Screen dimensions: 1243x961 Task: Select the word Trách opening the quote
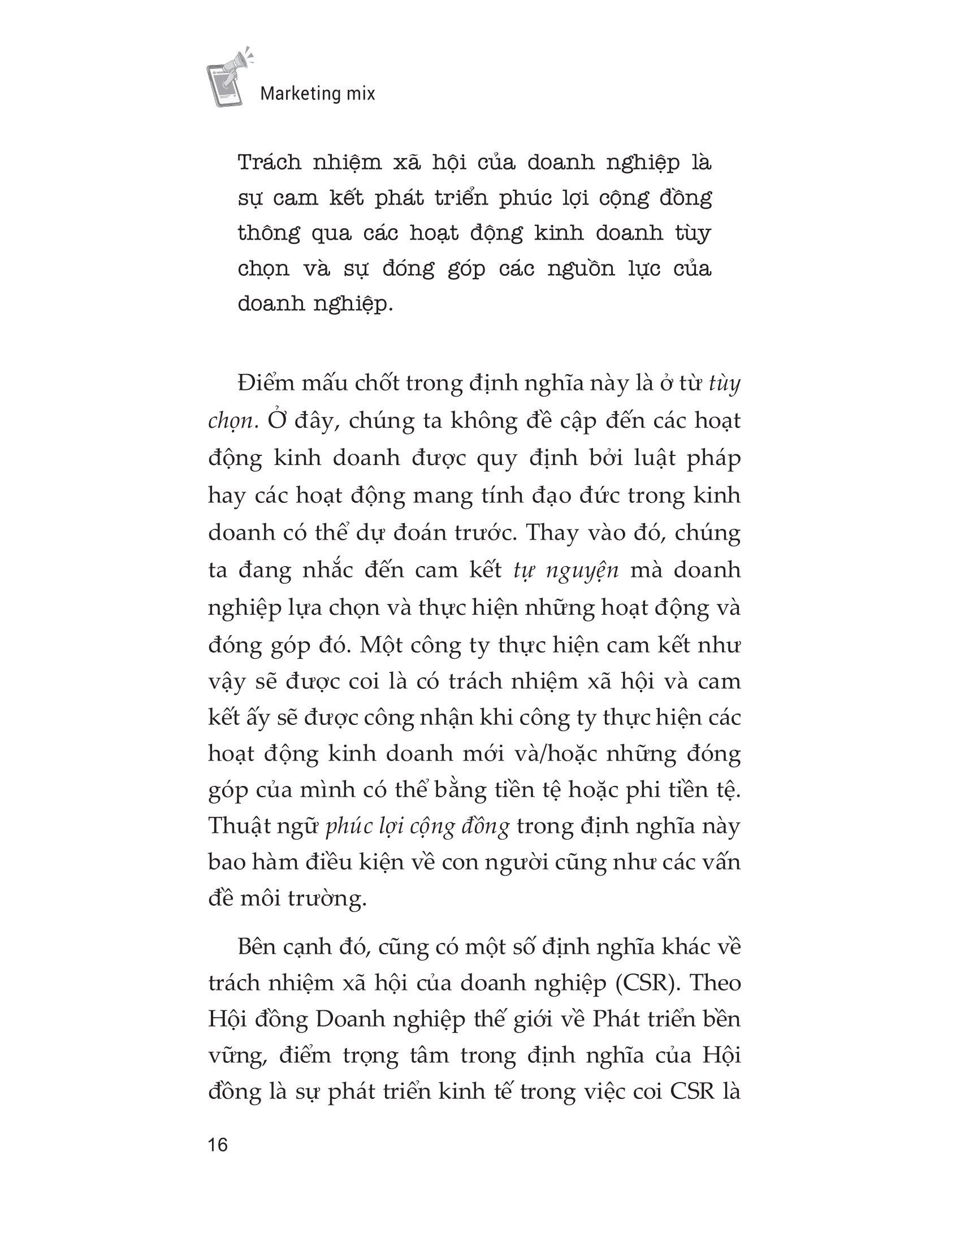[x=269, y=163]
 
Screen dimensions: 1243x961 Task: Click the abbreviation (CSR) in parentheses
[x=643, y=985]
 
